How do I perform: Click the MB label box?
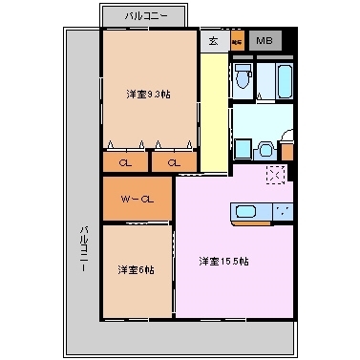(x=264, y=41)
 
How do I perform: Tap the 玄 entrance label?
(x=212, y=41)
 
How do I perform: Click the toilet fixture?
(x=244, y=80)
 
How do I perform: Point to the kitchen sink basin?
(x=247, y=211)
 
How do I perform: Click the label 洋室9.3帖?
(x=147, y=95)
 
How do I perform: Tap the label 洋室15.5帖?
(x=223, y=261)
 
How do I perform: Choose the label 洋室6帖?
(x=137, y=269)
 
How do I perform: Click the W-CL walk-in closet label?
(x=138, y=199)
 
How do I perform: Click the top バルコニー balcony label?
(x=148, y=16)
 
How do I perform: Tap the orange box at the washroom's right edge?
(x=286, y=150)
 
